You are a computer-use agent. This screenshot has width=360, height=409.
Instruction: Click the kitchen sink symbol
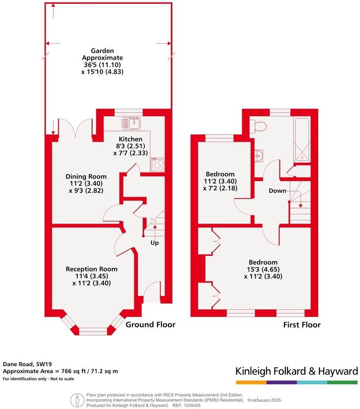pyautogui.click(x=132, y=122)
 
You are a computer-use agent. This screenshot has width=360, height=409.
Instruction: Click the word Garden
pyautogui.click(x=102, y=51)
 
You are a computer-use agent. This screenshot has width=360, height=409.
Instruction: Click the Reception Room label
pyautogui.click(x=92, y=269)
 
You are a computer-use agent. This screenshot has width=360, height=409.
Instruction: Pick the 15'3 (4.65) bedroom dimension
pyautogui.click(x=263, y=269)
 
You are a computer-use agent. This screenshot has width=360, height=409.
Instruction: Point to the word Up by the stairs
pyautogui.click(x=154, y=243)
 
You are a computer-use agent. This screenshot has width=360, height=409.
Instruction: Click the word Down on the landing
pyautogui.click(x=277, y=191)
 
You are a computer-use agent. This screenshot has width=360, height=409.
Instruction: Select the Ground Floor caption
pyautogui.click(x=150, y=325)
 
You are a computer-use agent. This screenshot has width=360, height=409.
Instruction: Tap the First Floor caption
pyautogui.click(x=301, y=325)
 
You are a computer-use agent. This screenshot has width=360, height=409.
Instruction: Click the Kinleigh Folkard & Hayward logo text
pyautogui.click(x=296, y=371)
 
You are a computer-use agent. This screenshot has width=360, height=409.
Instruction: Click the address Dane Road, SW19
pyautogui.click(x=24, y=364)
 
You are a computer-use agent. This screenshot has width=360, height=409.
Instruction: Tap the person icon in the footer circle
pyautogui.click(x=77, y=400)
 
